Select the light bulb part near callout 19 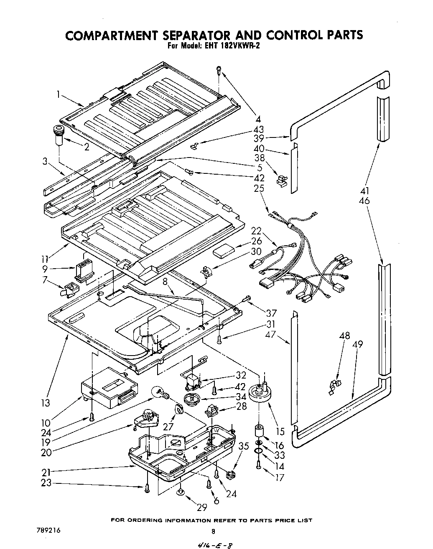(160, 392)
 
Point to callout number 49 (357, 345)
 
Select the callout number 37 (271, 313)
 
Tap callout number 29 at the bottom (202, 507)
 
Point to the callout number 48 (345, 335)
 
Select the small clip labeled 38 (281, 180)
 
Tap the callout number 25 (259, 188)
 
